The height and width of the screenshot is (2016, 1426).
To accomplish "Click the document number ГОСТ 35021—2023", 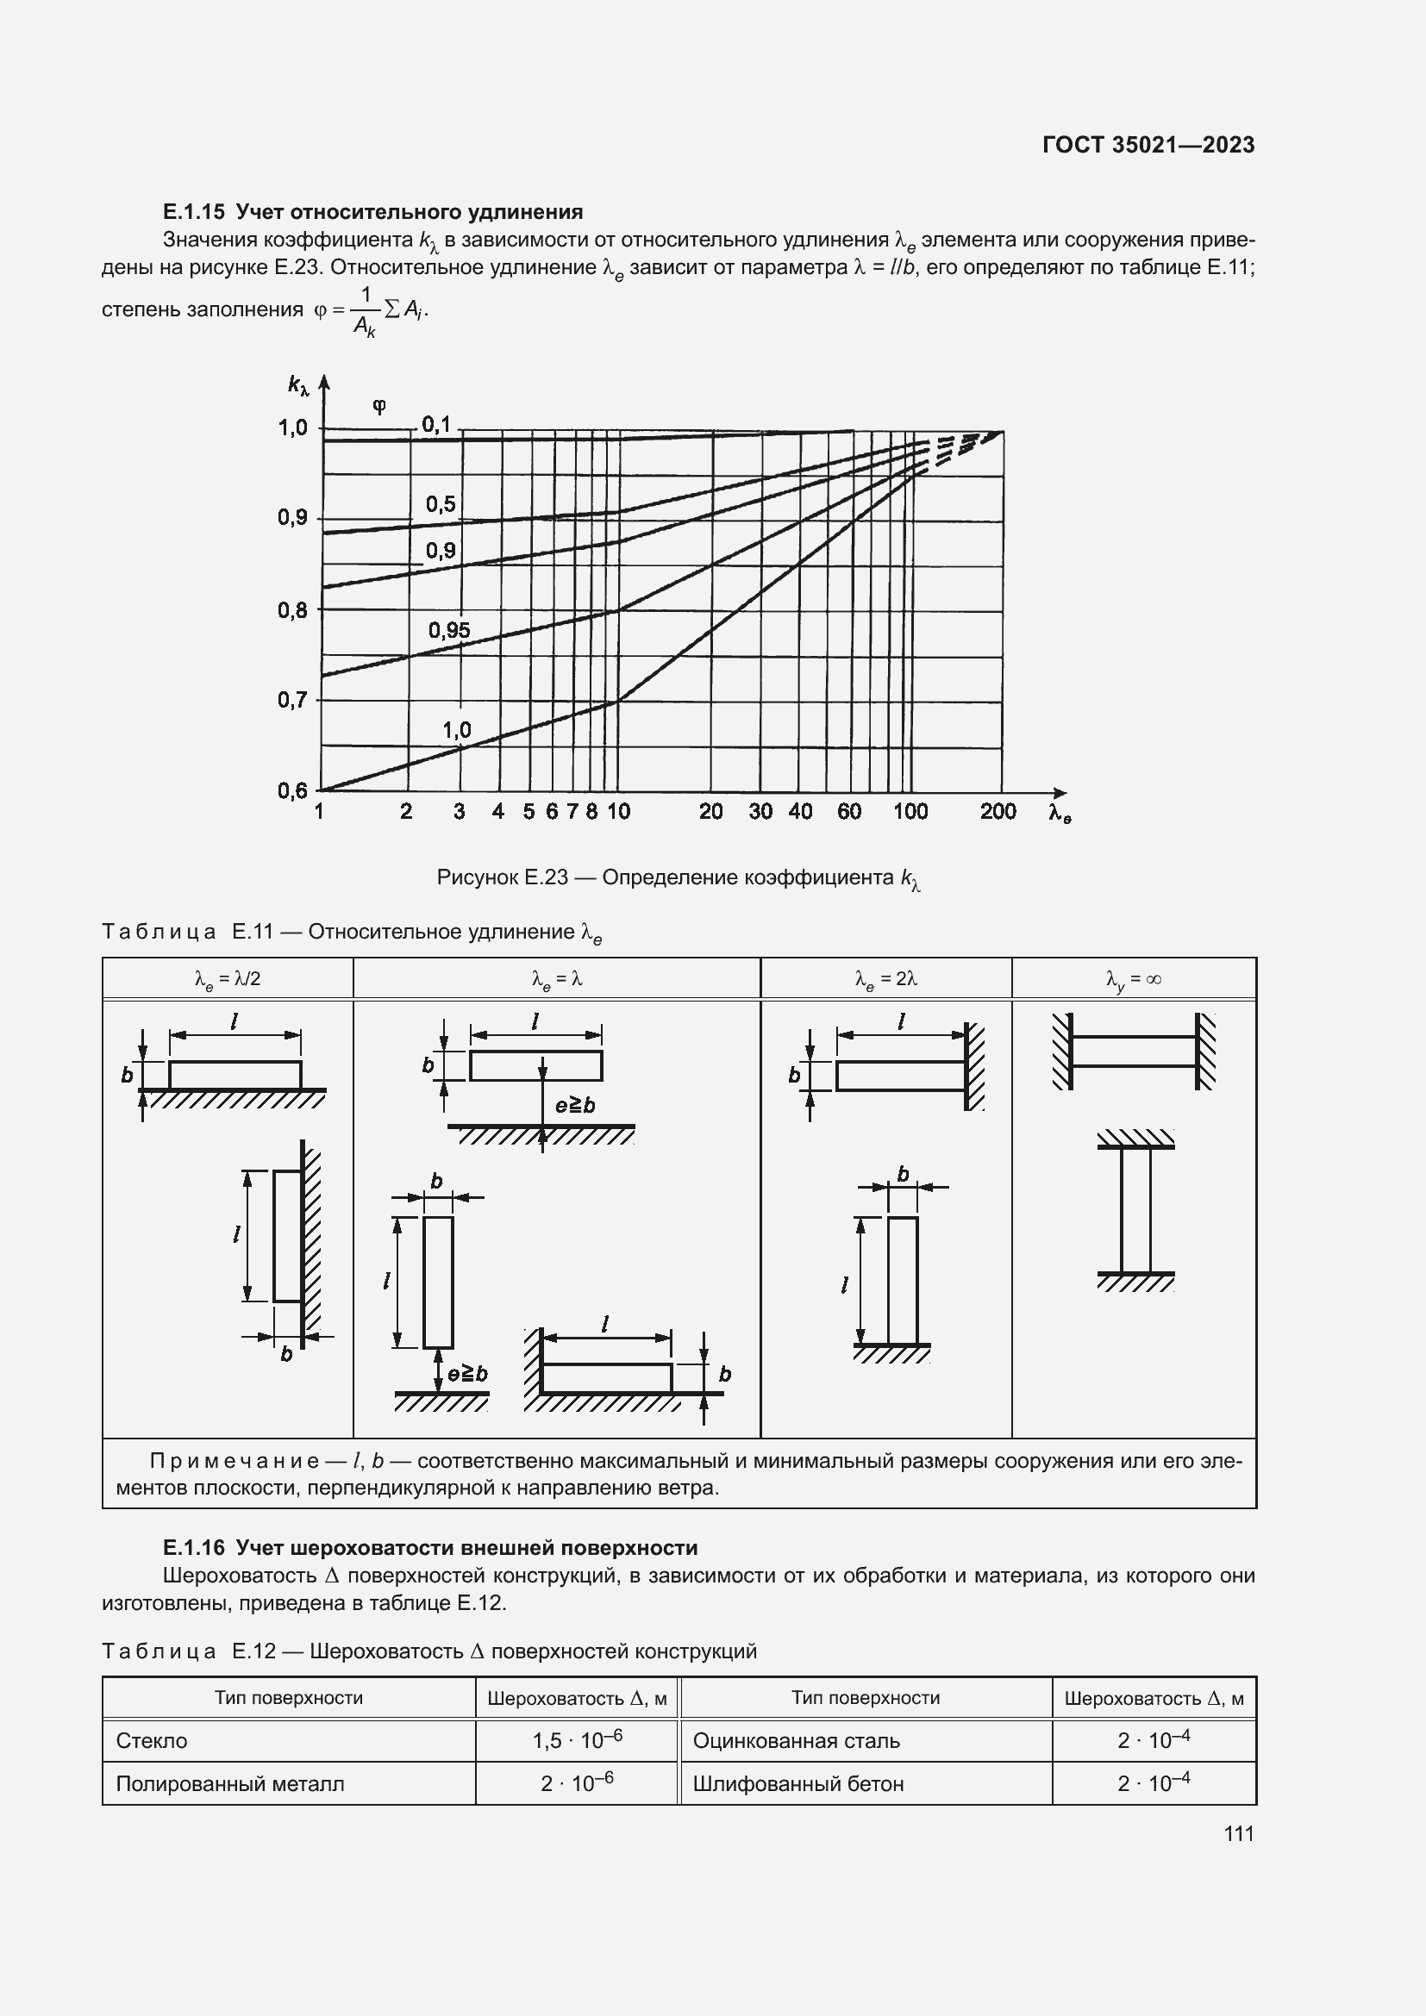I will [x=1148, y=145].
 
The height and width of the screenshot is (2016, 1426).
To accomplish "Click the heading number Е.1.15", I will [x=194, y=212].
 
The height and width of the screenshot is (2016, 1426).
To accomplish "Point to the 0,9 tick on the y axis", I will [x=293, y=518].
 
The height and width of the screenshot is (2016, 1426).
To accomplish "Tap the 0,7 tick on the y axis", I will [x=293, y=701].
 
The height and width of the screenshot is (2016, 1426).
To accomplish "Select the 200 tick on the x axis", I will [x=998, y=811].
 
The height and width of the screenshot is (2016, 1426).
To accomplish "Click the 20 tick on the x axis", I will [x=710, y=811].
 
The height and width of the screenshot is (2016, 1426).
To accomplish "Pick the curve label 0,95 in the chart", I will [x=448, y=630].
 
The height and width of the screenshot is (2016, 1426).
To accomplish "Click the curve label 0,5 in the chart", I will [x=441, y=504].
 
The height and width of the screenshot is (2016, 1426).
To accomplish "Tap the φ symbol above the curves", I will [x=379, y=406].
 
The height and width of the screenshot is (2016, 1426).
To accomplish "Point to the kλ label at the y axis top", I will [x=298, y=384].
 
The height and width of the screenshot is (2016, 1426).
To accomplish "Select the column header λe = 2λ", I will [x=886, y=979].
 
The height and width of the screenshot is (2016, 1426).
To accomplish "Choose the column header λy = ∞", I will [x=1134, y=979].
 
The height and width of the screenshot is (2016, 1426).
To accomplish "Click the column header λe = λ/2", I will [x=228, y=979].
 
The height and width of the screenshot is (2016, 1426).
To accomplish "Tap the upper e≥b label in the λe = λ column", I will [x=575, y=1106].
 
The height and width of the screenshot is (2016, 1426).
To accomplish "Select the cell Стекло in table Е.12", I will [x=152, y=1741].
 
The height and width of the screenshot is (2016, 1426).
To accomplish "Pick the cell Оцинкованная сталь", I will [x=796, y=1741].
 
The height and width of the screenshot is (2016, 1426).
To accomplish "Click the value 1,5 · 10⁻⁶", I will [x=577, y=1739].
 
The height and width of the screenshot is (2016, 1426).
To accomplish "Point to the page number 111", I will [x=1238, y=1833].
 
